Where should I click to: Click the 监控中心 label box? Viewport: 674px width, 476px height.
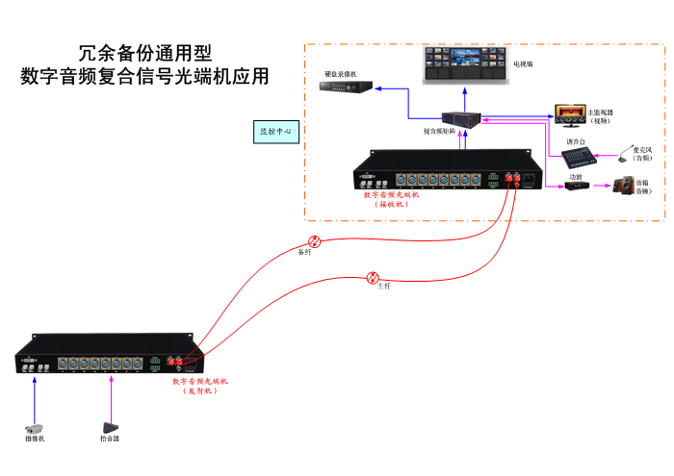(278, 131)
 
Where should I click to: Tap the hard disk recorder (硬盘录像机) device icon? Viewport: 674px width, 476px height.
(341, 88)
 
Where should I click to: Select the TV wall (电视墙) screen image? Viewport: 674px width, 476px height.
(465, 64)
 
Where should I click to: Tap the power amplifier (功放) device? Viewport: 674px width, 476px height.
(577, 187)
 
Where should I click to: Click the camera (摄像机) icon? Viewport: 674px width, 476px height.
(35, 427)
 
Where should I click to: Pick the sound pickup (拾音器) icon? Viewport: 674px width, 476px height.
(111, 426)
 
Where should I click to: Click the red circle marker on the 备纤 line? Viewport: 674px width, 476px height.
(314, 241)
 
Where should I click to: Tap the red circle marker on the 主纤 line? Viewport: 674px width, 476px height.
(374, 278)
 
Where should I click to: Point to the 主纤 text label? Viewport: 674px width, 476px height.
(383, 288)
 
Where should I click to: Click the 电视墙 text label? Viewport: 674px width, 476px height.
(523, 64)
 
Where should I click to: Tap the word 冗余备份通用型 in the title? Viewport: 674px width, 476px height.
(144, 53)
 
